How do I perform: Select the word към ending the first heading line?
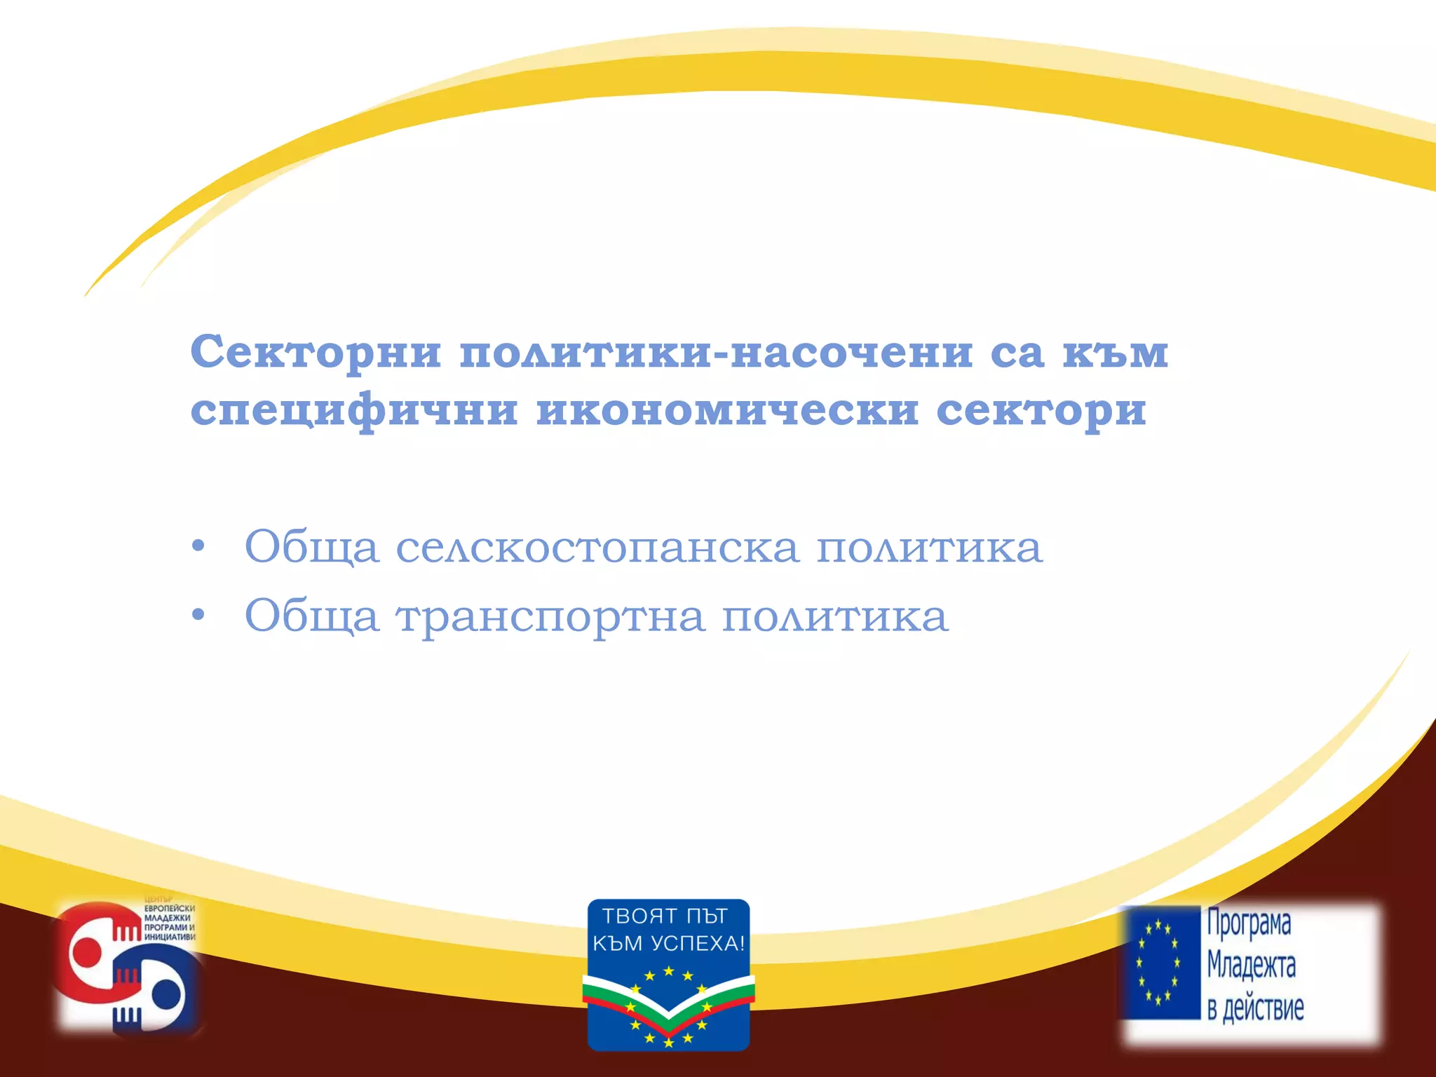(x=1115, y=353)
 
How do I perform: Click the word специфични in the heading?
(x=354, y=411)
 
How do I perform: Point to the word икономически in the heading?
(x=727, y=411)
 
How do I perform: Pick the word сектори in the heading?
(x=1041, y=411)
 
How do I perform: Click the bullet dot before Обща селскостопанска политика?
(x=198, y=546)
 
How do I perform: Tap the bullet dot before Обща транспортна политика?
(x=198, y=616)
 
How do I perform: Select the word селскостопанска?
(x=597, y=548)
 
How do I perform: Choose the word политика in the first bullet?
(x=930, y=548)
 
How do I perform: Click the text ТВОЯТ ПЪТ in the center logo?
(x=665, y=916)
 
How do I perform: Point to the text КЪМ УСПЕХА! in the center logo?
(x=668, y=944)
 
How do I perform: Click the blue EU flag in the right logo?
(x=1160, y=962)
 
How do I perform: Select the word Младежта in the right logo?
(x=1251, y=966)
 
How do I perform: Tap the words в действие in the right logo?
(x=1255, y=1008)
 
